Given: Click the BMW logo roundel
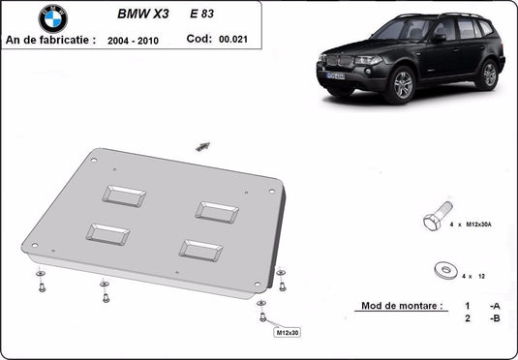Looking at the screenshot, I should click(x=53, y=18).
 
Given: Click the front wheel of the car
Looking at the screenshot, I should click(x=403, y=85).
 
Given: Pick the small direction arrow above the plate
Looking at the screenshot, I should click(x=203, y=145).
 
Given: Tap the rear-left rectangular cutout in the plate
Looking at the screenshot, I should click(x=124, y=197).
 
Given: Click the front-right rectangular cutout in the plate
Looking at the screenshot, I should click(x=201, y=249).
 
